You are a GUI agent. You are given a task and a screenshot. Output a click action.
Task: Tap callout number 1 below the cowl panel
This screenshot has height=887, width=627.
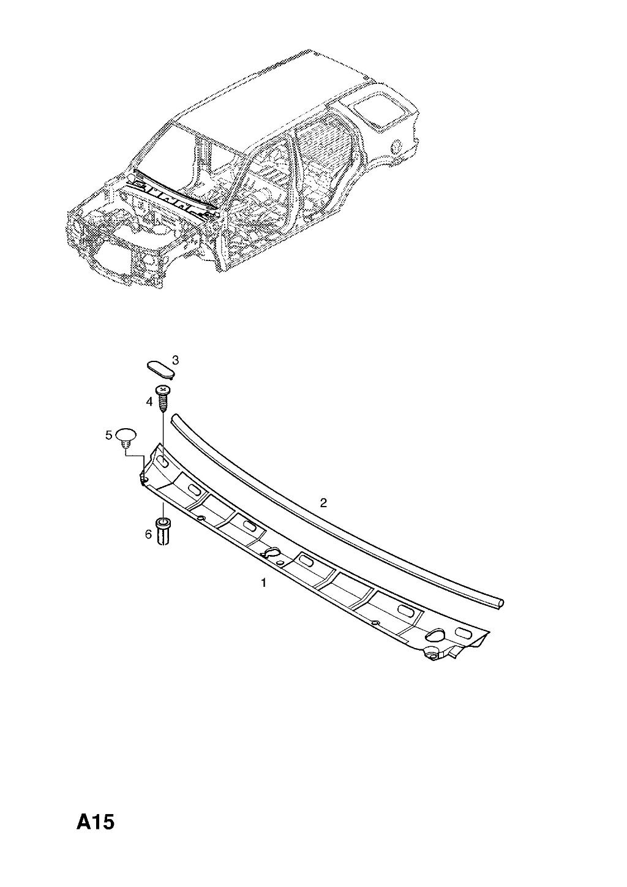click(263, 583)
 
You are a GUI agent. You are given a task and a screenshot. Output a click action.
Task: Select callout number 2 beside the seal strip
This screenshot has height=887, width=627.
click(323, 503)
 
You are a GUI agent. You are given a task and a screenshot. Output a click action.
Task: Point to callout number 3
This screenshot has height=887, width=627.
click(175, 360)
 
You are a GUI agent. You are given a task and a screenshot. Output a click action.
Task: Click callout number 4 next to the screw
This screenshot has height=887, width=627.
click(149, 402)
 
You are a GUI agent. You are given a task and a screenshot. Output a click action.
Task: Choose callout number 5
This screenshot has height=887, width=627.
click(108, 436)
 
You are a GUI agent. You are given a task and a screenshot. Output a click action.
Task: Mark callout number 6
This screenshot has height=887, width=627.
click(148, 535)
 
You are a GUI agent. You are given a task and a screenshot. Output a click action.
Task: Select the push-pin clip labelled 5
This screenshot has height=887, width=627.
click(126, 439)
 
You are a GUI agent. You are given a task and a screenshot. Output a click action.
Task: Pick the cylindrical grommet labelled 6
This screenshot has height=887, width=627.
click(163, 530)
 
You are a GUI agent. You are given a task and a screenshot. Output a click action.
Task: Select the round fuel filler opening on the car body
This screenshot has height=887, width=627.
click(396, 147)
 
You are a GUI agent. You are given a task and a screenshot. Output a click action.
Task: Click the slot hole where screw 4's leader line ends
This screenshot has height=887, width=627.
click(163, 461)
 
